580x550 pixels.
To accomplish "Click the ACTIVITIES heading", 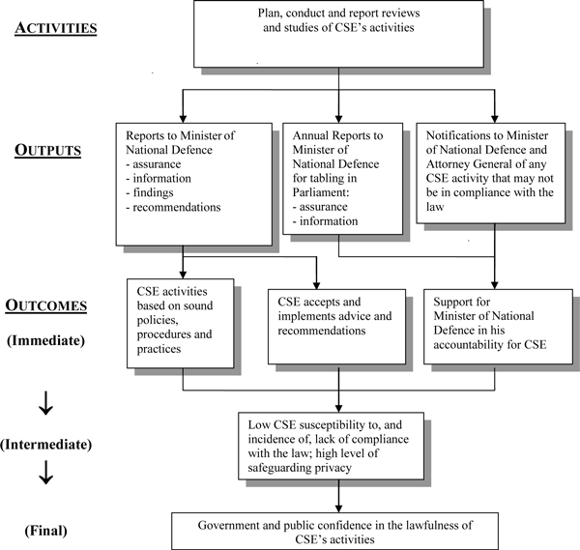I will (x=55, y=27).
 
